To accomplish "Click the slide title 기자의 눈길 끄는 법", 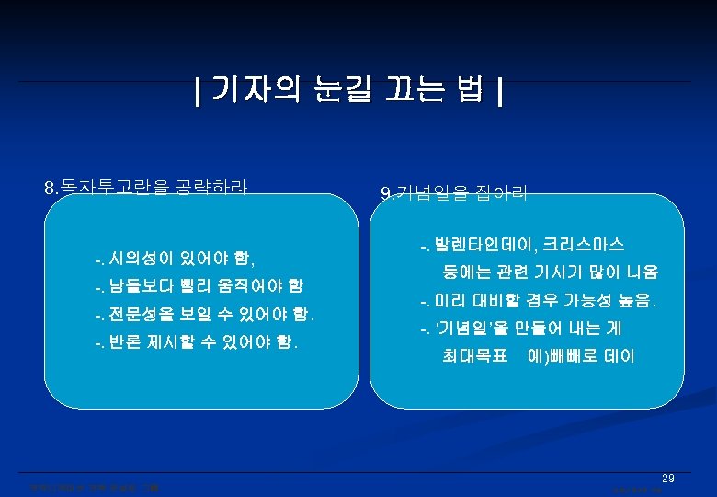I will click(x=349, y=91).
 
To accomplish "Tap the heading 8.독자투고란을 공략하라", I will click(x=146, y=188).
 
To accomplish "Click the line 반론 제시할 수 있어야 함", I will click(x=195, y=343).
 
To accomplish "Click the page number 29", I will click(x=668, y=479).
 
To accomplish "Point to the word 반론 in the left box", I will click(x=125, y=343).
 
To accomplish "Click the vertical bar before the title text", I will click(x=199, y=92).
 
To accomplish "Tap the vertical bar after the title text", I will click(x=499, y=92).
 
